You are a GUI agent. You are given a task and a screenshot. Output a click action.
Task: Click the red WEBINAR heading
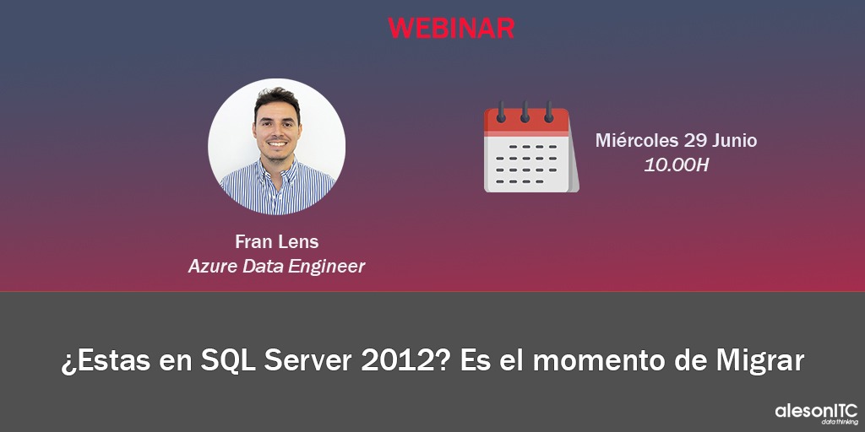[x=451, y=28]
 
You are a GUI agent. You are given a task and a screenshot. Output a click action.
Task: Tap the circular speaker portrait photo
[x=276, y=147]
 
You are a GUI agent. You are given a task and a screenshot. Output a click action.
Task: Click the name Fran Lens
[x=276, y=241]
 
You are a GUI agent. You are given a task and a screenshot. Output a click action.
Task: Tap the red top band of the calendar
[x=526, y=121]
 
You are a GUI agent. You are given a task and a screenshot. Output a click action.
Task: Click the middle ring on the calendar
[x=525, y=111]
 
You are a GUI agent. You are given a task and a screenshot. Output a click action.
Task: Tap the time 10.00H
[x=676, y=165]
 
